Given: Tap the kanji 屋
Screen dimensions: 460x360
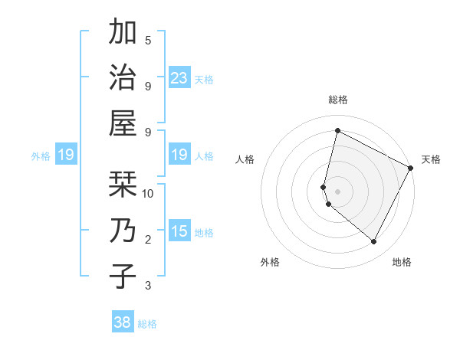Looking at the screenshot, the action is coord(123,122).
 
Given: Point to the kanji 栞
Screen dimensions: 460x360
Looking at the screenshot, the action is coord(123,184).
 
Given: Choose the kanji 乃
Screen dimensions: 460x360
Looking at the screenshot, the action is coord(123,231).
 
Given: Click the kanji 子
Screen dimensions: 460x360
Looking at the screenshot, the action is coord(123,276).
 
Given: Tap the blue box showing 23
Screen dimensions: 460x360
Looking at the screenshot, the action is coord(179,77).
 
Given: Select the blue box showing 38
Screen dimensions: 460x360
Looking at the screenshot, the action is coord(123,322).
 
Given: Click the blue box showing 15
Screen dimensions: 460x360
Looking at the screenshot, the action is coord(179,231).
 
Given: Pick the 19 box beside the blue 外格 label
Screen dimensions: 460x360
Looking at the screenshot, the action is coord(65,155).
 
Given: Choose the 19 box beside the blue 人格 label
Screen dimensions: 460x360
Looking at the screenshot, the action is coord(179,155).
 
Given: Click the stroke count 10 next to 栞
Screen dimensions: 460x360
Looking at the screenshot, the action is coord(148,193).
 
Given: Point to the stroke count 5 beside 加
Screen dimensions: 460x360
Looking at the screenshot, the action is coord(148,40).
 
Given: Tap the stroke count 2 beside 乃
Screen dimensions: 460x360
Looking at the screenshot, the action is coord(148,240).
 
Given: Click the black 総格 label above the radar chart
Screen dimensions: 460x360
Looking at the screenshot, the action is coord(337,100).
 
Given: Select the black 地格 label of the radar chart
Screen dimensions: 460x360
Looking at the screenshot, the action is coord(402,263).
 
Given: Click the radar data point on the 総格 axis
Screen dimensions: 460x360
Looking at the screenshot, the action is coord(337,131).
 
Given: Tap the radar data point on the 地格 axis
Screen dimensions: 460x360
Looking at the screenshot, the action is coord(373,241).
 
